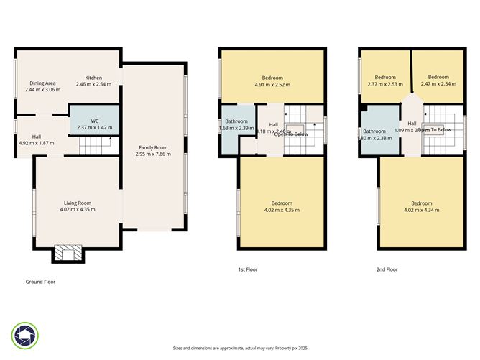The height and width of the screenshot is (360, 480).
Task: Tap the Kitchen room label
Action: coord(94,78)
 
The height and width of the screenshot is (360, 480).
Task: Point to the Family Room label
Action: coord(153,147)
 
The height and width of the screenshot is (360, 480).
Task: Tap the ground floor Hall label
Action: coord(37,137)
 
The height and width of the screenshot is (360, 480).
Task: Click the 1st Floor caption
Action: coord(247,269)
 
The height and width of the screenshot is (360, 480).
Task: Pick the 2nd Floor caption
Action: coord(387,269)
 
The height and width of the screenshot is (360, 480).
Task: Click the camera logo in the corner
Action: coord(24,334)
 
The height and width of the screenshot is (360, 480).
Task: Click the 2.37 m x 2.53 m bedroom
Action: coord(385,80)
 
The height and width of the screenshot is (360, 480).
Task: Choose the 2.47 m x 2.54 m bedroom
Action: coord(438,80)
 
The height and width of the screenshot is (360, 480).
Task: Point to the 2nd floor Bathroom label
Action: coord(374,131)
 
